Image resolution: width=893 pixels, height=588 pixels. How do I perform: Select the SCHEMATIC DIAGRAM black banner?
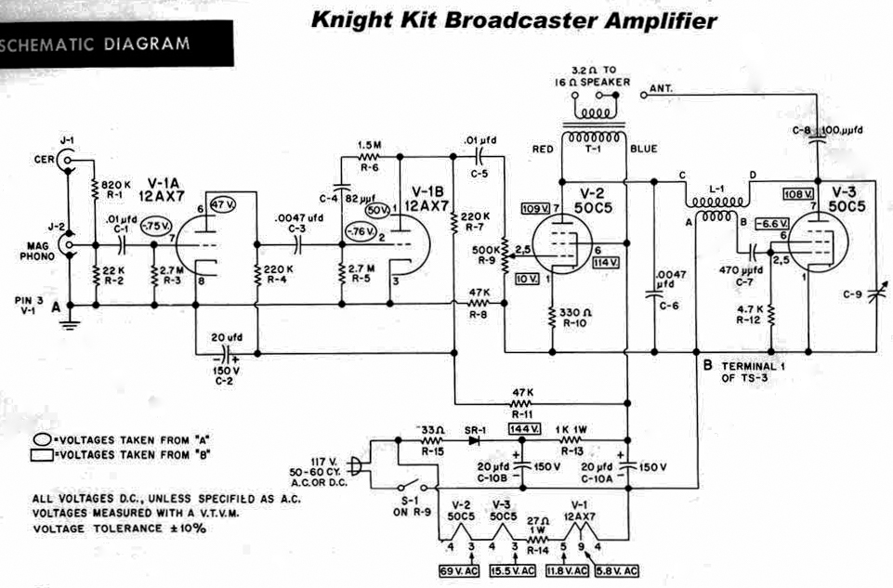102,44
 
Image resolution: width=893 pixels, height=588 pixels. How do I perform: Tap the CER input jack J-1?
66,161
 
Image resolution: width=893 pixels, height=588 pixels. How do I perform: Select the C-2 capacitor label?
223,380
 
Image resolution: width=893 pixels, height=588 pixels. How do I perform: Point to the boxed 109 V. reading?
534,206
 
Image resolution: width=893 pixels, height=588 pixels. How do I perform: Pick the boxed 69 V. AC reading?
458,570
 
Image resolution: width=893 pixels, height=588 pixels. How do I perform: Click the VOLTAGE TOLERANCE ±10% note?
119,528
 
